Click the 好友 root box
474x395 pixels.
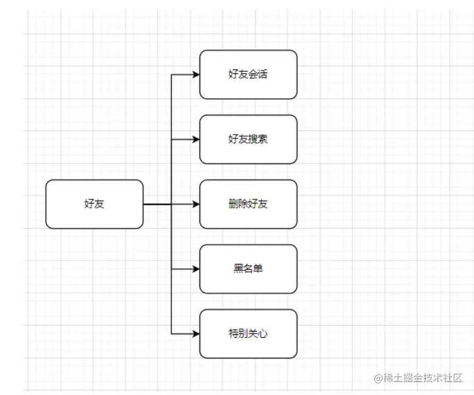95,204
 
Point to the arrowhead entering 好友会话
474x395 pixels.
196,74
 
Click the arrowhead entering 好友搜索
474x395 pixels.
196,139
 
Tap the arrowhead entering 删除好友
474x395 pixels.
196,204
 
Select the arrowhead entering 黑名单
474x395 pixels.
196,269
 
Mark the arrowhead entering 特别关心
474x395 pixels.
196,333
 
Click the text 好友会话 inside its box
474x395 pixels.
248,75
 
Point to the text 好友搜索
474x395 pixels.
248,139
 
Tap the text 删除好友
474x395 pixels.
248,204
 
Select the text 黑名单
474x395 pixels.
248,269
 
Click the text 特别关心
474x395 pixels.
248,333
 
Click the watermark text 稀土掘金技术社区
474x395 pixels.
423,378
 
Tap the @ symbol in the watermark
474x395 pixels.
378,378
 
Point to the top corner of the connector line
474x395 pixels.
171,74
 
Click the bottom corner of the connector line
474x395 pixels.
171,333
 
